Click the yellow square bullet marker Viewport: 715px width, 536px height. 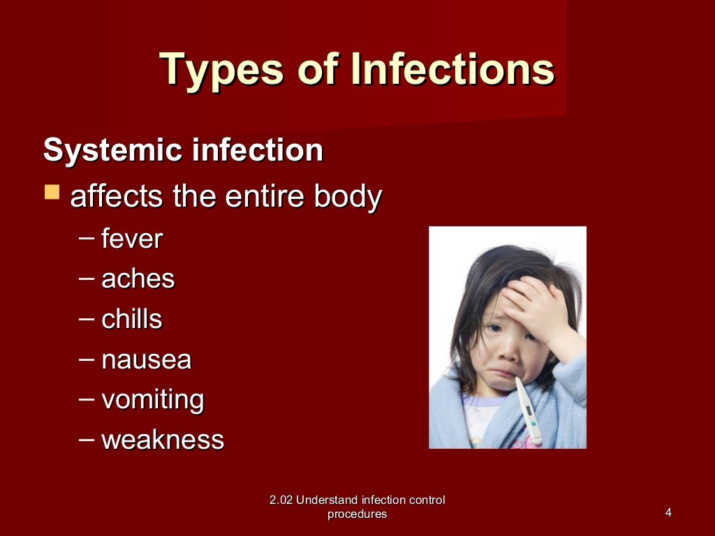click(52, 192)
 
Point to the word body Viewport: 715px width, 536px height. click(347, 198)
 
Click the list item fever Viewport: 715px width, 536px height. click(132, 239)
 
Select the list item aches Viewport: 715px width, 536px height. click(138, 279)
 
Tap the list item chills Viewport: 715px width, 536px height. click(132, 320)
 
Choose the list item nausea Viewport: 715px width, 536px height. click(147, 360)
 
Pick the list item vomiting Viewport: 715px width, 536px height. click(153, 400)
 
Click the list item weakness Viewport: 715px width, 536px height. click(163, 440)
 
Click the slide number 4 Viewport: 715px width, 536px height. click(668, 514)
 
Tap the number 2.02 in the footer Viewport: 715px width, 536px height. click(281, 500)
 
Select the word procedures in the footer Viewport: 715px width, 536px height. click(357, 514)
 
